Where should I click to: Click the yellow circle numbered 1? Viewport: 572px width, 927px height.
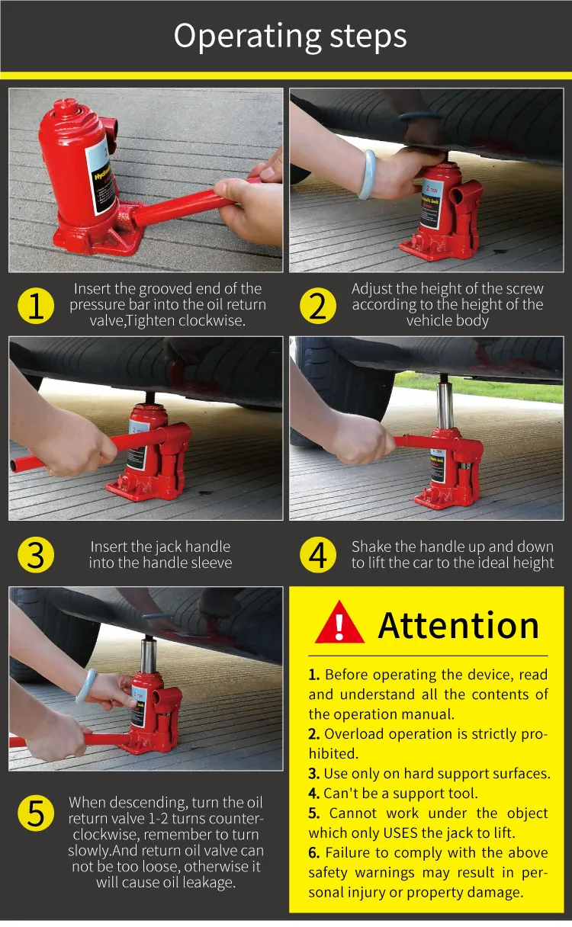[x=36, y=306]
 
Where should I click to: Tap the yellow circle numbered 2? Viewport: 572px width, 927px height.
[x=318, y=306]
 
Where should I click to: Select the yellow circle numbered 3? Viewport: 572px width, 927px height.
[x=36, y=554]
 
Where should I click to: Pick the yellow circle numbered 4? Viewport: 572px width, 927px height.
[x=318, y=554]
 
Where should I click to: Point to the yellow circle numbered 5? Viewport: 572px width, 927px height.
[x=36, y=813]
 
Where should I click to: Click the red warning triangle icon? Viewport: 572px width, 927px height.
[x=339, y=623]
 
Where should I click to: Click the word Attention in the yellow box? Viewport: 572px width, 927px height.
[x=458, y=625]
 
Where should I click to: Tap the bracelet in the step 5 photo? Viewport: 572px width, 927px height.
[x=86, y=687]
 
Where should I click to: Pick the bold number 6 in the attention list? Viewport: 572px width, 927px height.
[x=314, y=852]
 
